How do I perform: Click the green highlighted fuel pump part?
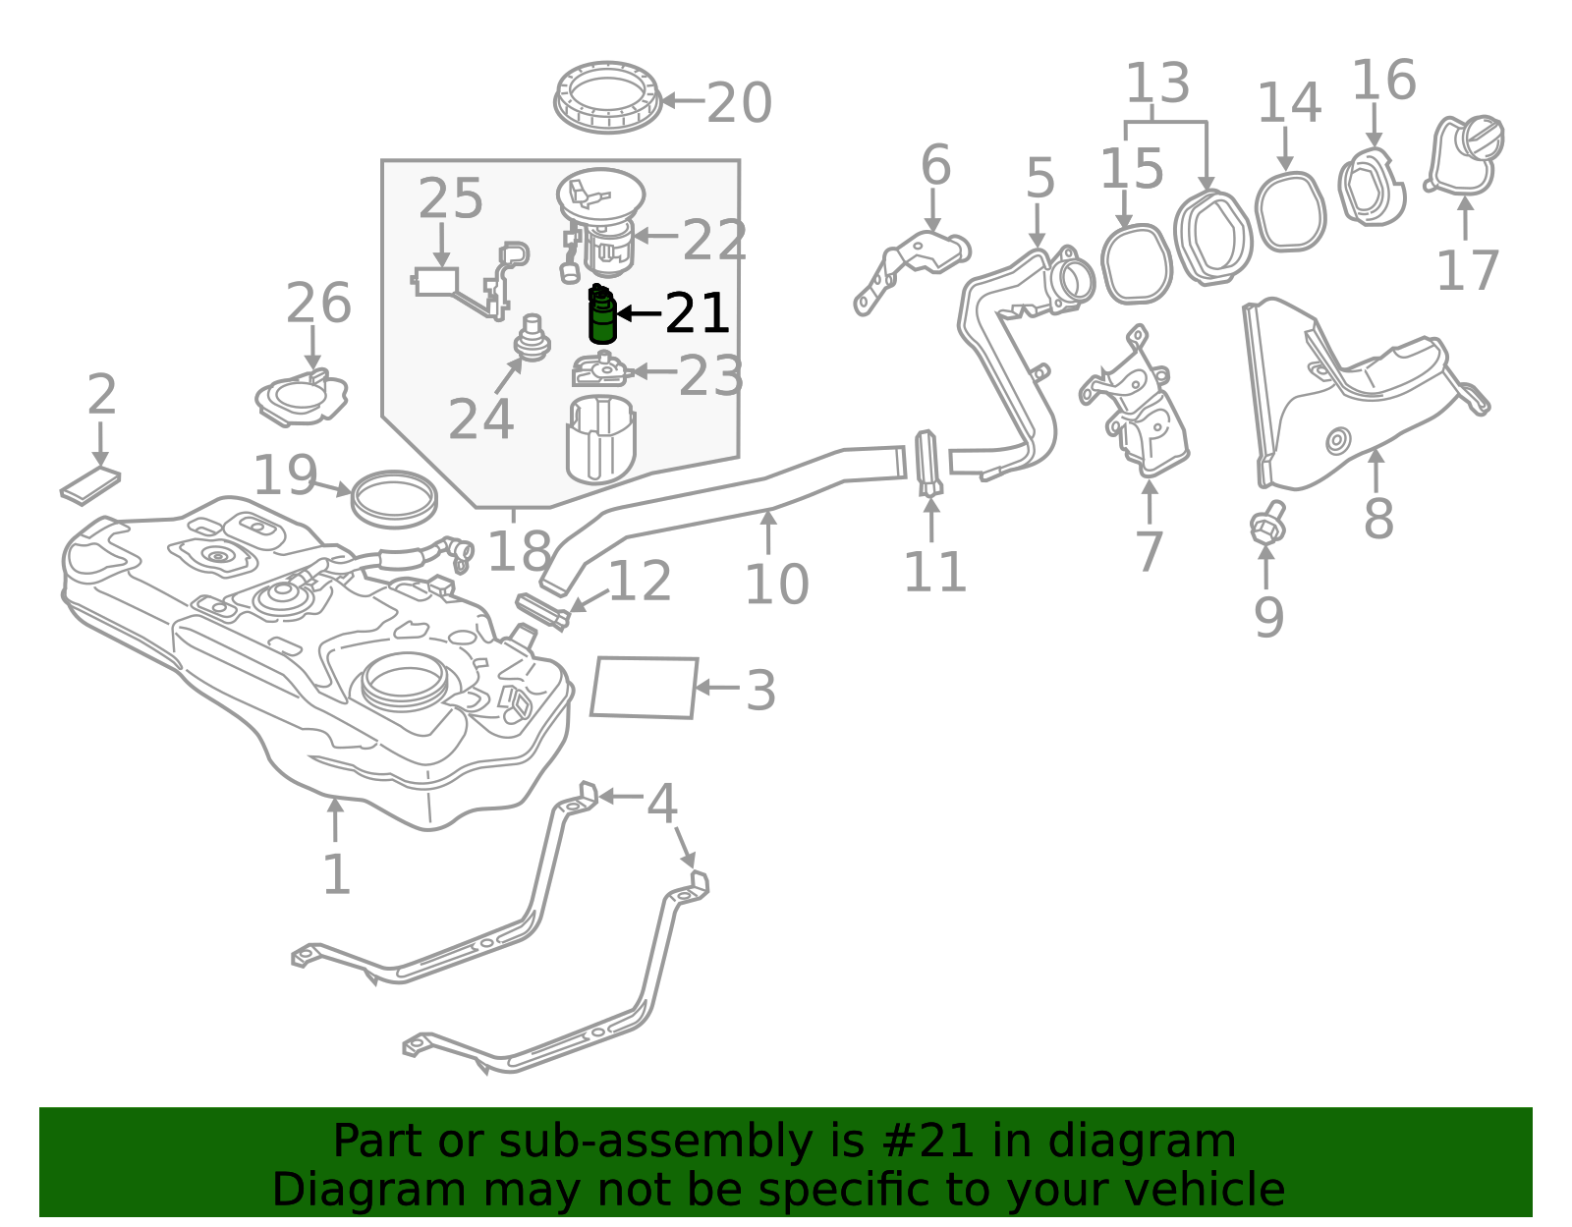tap(602, 316)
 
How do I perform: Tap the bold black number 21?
tap(697, 314)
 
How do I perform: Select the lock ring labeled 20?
tap(607, 97)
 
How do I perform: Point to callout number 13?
tap(1157, 84)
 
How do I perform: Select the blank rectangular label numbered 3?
tap(645, 688)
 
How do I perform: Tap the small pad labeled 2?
tap(90, 485)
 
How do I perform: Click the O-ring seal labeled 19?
tap(394, 499)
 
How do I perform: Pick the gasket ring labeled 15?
tap(1136, 263)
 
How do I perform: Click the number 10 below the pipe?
tap(776, 586)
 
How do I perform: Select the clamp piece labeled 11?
tap(928, 463)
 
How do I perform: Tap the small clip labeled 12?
tap(542, 610)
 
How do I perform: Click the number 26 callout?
tap(317, 304)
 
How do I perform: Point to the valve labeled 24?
tap(533, 338)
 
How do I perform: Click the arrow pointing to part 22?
tap(655, 236)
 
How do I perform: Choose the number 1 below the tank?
tap(336, 874)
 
